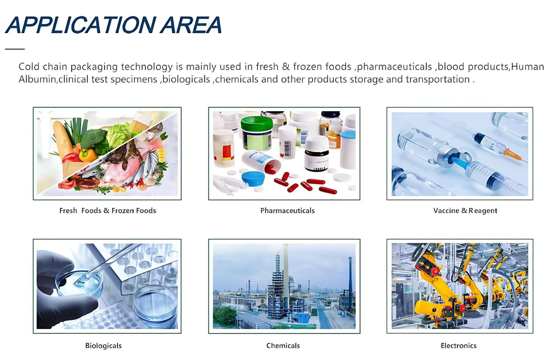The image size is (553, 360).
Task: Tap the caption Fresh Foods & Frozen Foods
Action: pyautogui.click(x=108, y=210)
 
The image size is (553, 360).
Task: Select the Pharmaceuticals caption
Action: pyautogui.click(x=287, y=210)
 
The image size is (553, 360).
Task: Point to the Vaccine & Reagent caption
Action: pyautogui.click(x=465, y=210)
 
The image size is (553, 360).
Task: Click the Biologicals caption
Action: pyautogui.click(x=103, y=346)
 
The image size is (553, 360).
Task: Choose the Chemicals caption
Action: pyautogui.click(x=283, y=346)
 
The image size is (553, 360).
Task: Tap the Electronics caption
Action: pyautogui.click(x=459, y=346)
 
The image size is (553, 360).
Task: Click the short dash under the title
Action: pyautogui.click(x=15, y=49)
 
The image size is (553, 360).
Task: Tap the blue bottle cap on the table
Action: pyautogui.click(x=253, y=178)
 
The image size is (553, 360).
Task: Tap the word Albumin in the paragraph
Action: pyautogui.click(x=37, y=79)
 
